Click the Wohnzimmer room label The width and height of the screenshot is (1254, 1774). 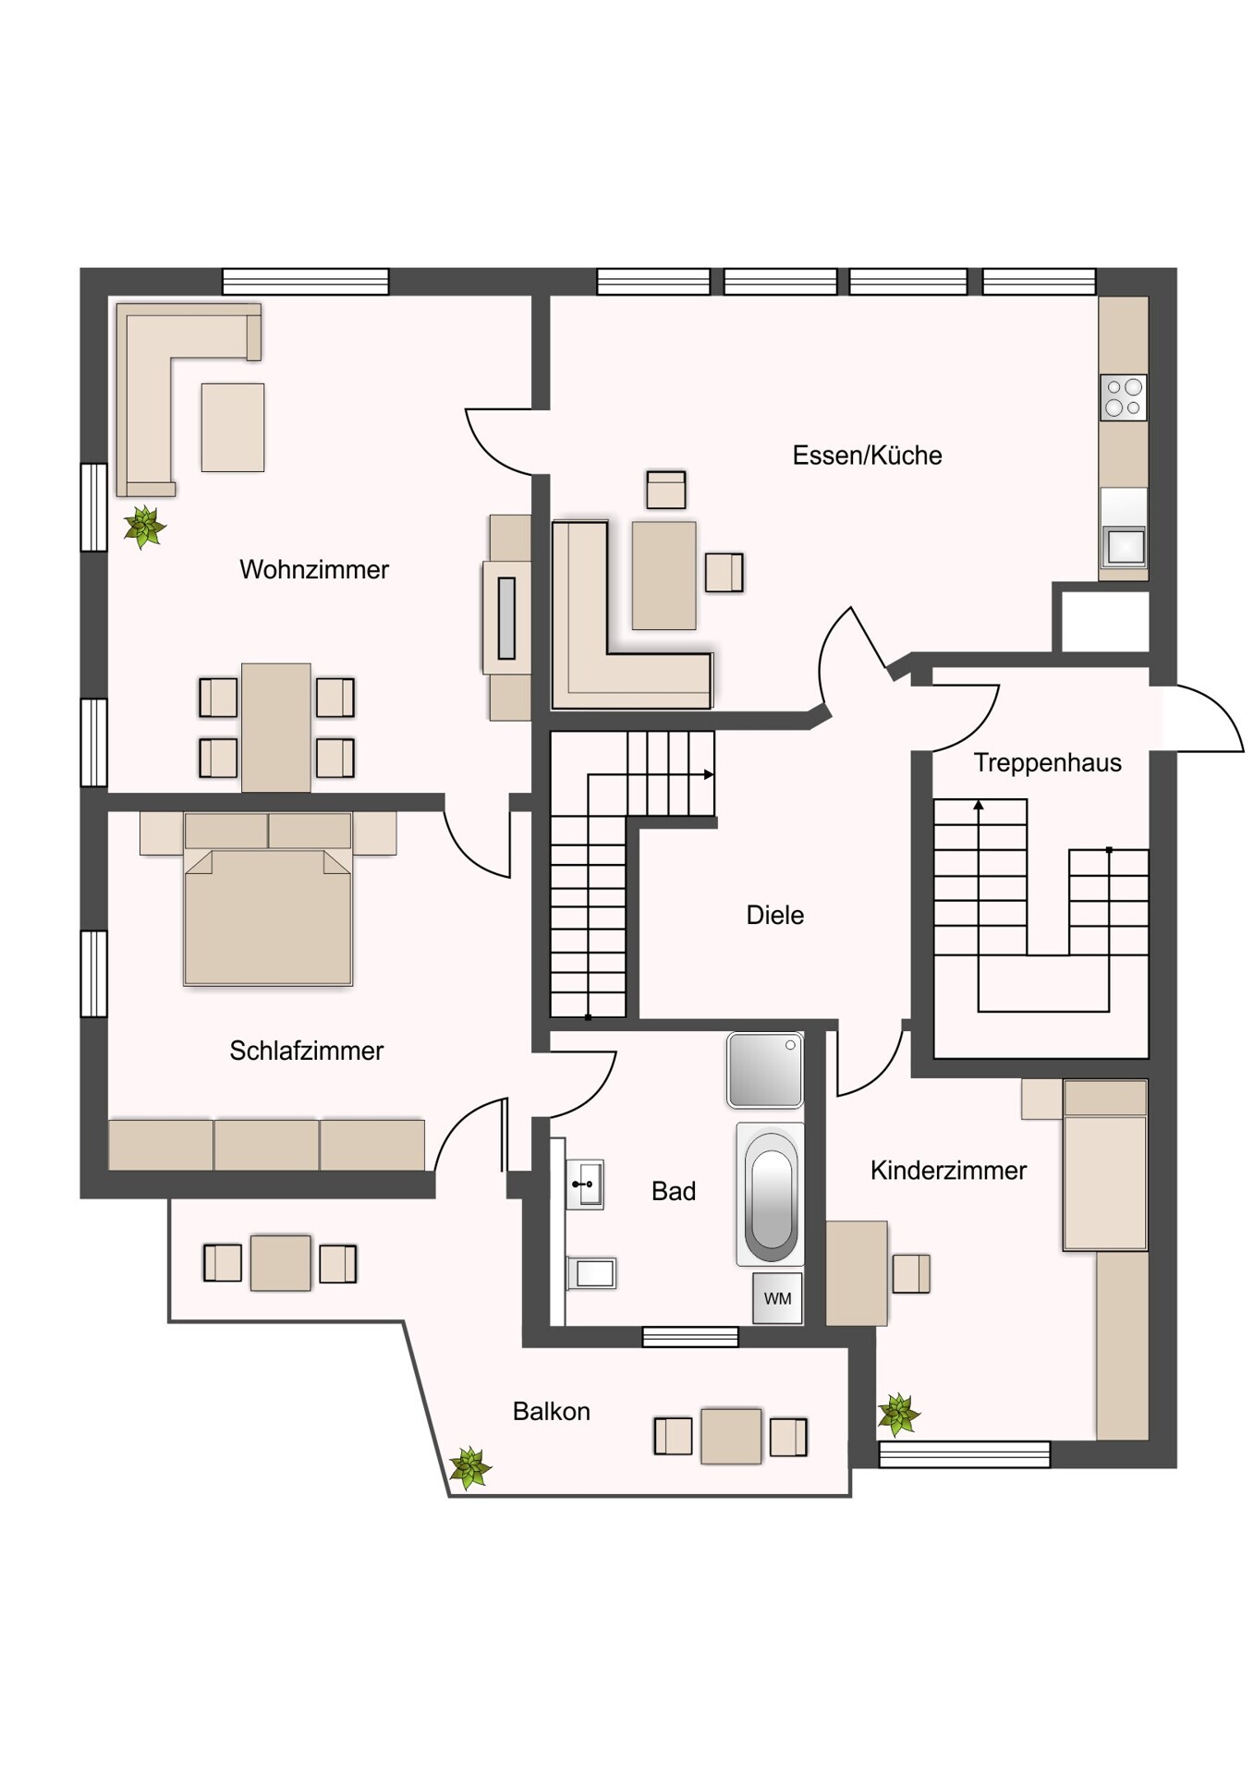314,569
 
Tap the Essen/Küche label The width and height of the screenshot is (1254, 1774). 867,455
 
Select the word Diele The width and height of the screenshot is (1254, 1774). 774,915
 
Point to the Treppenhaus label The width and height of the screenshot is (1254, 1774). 1047,762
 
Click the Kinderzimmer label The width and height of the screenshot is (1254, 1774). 948,1171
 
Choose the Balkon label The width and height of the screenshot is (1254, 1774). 551,1411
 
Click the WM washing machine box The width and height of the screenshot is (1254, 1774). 777,1298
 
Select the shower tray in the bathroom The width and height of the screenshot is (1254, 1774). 764,1070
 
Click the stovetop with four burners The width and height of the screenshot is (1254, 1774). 1124,397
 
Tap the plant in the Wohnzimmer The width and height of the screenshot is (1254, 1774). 144,527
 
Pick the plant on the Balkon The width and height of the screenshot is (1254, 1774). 469,1467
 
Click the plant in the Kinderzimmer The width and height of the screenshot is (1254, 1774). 898,1414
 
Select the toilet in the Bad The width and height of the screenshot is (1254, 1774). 590,1273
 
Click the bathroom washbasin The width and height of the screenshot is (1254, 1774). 585,1184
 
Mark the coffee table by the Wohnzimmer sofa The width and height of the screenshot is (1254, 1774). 233,427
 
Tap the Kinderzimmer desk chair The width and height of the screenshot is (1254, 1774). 911,1273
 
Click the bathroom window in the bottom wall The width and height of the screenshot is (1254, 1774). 690,1336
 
